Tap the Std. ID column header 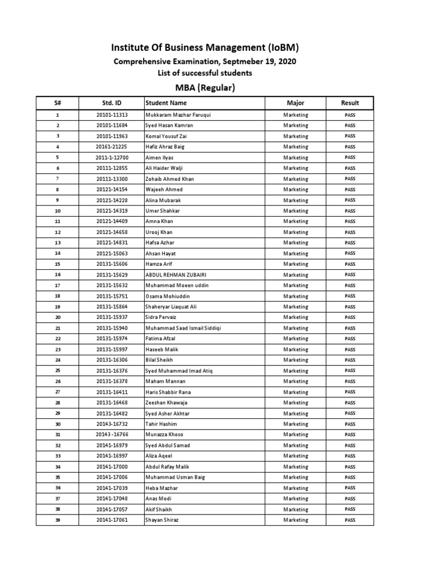coord(112,103)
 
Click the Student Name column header coord(166,103)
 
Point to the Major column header coord(295,103)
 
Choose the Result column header coord(350,103)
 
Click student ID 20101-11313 coord(112,115)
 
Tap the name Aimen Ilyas coord(160,158)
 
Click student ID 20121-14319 coord(112,211)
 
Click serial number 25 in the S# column coord(58,370)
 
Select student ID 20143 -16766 coord(112,435)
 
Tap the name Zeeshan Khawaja coord(166,403)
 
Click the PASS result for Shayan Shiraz coord(350,520)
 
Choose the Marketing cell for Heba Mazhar coord(295,488)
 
